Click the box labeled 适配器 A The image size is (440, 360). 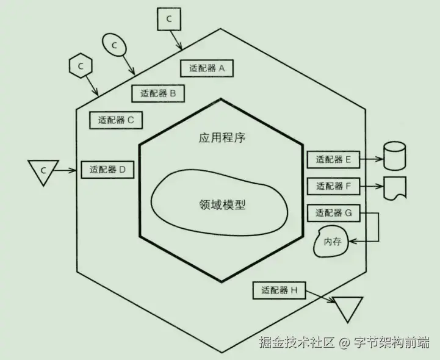[207, 68]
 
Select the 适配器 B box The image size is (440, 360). [158, 93]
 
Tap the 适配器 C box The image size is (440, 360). [116, 120]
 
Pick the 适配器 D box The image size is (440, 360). [107, 169]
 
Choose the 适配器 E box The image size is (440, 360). [333, 160]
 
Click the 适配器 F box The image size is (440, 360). [333, 186]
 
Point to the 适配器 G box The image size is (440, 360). [333, 213]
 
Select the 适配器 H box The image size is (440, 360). [279, 290]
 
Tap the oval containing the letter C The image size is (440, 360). [114, 44]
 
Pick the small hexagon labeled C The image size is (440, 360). [80, 64]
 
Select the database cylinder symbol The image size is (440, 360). [394, 156]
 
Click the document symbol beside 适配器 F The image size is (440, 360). [394, 187]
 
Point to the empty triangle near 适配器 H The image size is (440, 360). [347, 307]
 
